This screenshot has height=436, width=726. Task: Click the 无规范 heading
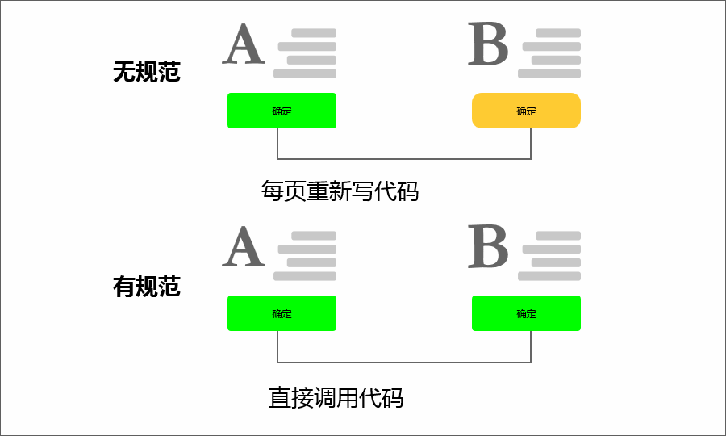click(146, 73)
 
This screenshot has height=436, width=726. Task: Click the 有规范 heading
click(146, 287)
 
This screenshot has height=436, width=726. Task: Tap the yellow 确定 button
click(526, 111)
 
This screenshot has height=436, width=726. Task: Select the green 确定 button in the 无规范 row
click(282, 111)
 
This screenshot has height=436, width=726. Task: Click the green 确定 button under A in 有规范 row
click(282, 313)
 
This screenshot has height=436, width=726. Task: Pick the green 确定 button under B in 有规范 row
click(526, 313)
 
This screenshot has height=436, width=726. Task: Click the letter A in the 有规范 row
click(244, 247)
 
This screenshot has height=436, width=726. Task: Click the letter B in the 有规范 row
click(488, 247)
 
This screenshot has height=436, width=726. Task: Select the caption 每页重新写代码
click(340, 191)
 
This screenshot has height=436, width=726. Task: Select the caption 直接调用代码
click(336, 398)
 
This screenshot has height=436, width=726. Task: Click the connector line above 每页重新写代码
click(403, 158)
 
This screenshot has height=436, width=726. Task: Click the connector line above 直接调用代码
click(403, 361)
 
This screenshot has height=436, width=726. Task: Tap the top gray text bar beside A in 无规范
click(313, 33)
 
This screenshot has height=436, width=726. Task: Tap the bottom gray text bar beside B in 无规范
click(549, 73)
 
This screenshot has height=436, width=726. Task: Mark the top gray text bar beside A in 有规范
click(313, 236)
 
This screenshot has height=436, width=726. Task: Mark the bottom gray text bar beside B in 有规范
click(549, 276)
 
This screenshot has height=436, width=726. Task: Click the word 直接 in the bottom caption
click(291, 398)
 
